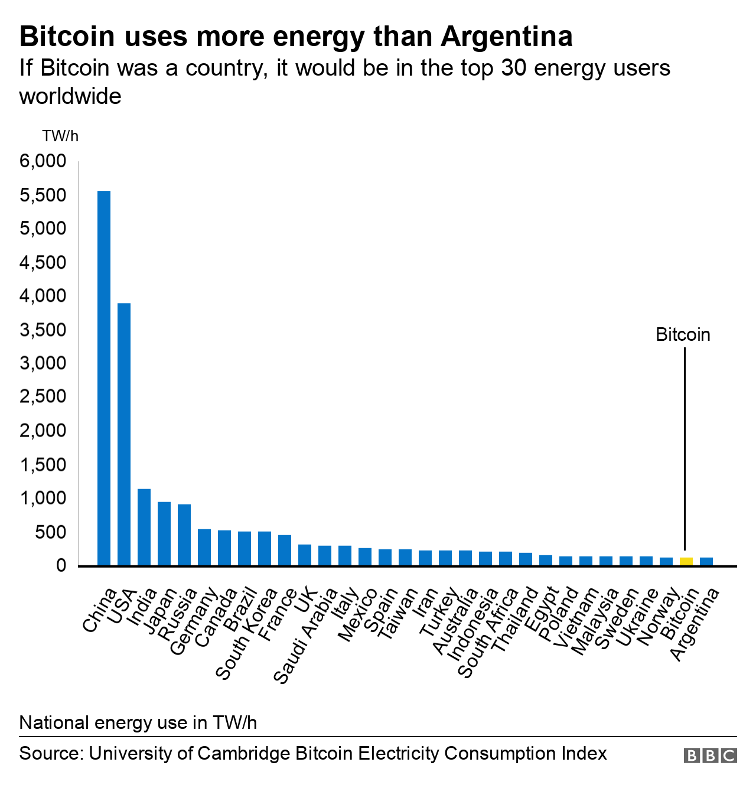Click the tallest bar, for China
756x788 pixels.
point(104,378)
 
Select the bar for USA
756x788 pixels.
point(124,434)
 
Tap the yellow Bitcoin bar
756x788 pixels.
point(686,562)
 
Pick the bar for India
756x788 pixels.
point(144,527)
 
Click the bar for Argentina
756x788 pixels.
point(706,562)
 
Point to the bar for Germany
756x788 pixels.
point(204,547)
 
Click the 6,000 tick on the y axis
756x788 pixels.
point(43,161)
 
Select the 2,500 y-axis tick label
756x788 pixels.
point(43,397)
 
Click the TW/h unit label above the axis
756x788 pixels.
point(60,136)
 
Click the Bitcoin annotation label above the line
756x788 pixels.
point(683,335)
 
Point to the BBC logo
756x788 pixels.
point(710,756)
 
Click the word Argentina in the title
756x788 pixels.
point(506,37)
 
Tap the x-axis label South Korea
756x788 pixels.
point(247,634)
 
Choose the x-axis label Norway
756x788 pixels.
point(660,617)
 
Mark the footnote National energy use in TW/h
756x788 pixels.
point(138,722)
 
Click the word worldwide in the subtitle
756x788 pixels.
point(70,96)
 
